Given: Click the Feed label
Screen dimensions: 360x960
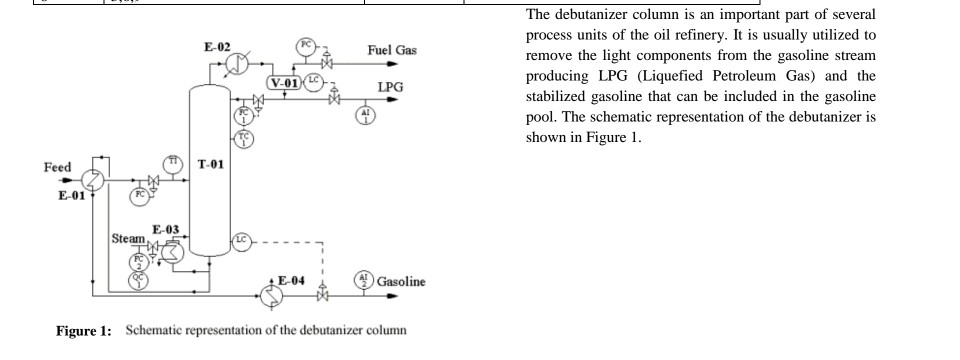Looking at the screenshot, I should click(x=57, y=167).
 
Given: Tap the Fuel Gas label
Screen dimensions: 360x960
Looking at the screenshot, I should click(x=392, y=50).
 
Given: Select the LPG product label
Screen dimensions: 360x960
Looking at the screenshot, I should click(x=390, y=87).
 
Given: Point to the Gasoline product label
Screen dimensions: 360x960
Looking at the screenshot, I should click(x=401, y=281).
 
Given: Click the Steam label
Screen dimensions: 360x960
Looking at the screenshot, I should click(x=127, y=238).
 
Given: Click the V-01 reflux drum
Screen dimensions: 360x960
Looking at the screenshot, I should click(x=285, y=81).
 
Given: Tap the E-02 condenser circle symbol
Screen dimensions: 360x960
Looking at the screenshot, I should click(x=237, y=63).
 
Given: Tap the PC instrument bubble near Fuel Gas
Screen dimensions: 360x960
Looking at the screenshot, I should click(x=309, y=46).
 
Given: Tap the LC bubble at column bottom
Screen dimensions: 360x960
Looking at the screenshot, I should click(x=241, y=240).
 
